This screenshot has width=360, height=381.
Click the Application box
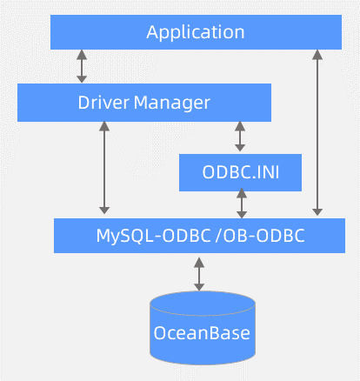pos(195,32)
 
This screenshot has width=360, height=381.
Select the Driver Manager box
pos(144,103)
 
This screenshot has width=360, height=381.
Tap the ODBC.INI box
pos(240,172)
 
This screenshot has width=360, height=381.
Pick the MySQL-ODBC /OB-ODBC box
pos(200,235)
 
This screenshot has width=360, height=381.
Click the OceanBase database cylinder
pos(203,331)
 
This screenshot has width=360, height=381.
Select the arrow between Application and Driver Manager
pos(83,66)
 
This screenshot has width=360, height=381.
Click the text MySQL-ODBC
pos(152,235)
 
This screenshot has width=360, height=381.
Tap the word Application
pos(195,32)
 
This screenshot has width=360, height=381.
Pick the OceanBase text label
pos(202,333)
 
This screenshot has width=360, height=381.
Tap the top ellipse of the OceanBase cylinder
pos(203,301)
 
